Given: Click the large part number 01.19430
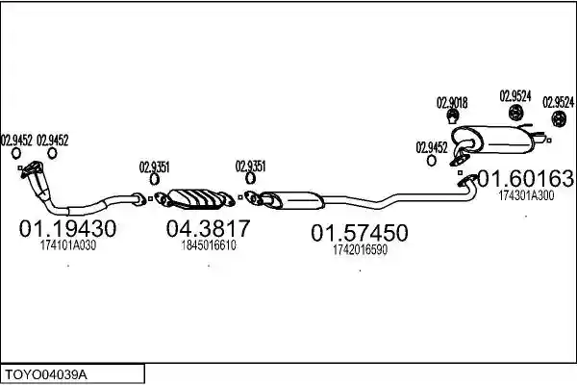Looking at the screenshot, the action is point(67,228).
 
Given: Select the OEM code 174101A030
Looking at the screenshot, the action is point(68,245).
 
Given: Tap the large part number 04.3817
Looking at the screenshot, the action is point(208,228).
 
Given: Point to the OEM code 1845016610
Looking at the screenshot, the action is point(209,245).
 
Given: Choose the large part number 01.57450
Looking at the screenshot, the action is point(360,233).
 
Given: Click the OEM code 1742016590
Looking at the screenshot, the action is point(360,250).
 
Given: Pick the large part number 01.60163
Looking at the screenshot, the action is point(525,179).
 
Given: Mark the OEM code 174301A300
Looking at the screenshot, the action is point(526,195).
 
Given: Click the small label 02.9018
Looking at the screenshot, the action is point(452,103).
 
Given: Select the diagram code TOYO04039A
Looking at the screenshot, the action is point(46,375).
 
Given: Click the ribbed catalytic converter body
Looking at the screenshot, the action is point(196,199).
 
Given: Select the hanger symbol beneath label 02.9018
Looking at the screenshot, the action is point(452,117).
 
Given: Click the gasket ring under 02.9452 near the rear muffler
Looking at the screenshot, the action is point(431,161).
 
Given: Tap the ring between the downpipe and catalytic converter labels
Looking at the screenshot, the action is point(155,179).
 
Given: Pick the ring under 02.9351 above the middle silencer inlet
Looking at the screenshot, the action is point(250,179).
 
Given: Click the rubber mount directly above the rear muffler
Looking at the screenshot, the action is point(516,113).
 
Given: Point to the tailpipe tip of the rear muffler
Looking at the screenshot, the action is point(541,140).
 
